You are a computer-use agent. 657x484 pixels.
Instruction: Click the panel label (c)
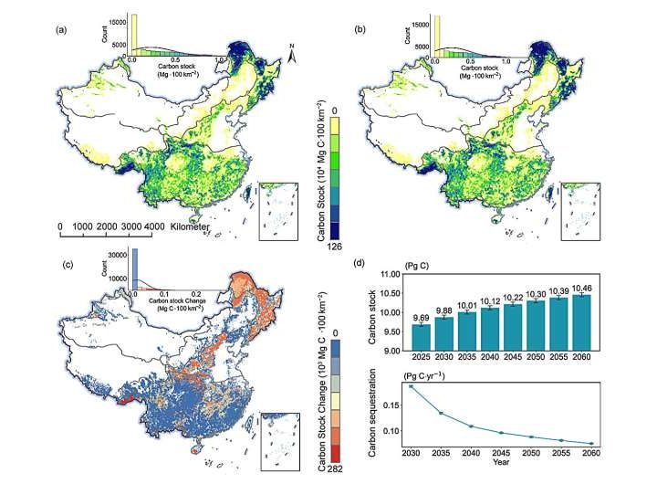pyautogui.click(x=62, y=266)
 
